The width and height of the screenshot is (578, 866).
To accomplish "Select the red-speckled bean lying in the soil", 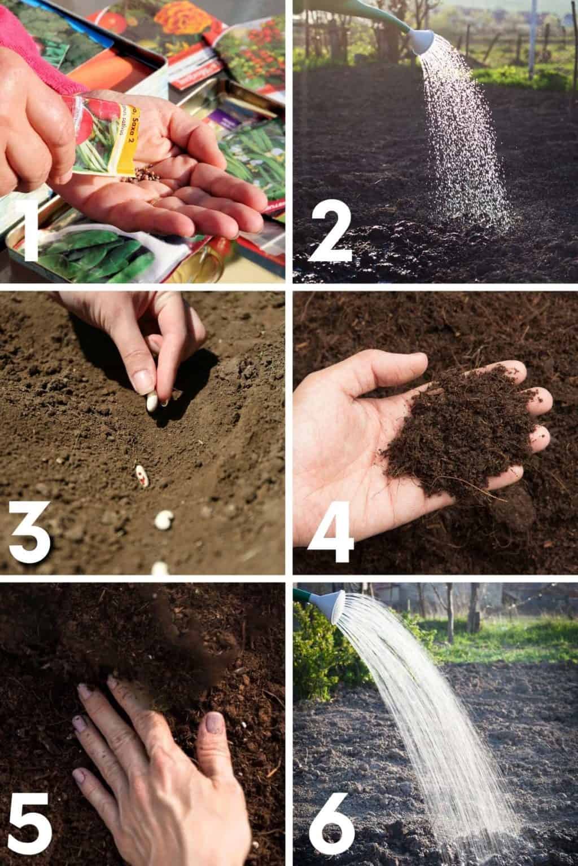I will (x=142, y=475).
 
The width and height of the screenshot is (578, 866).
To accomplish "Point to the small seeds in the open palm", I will (x=148, y=170).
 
